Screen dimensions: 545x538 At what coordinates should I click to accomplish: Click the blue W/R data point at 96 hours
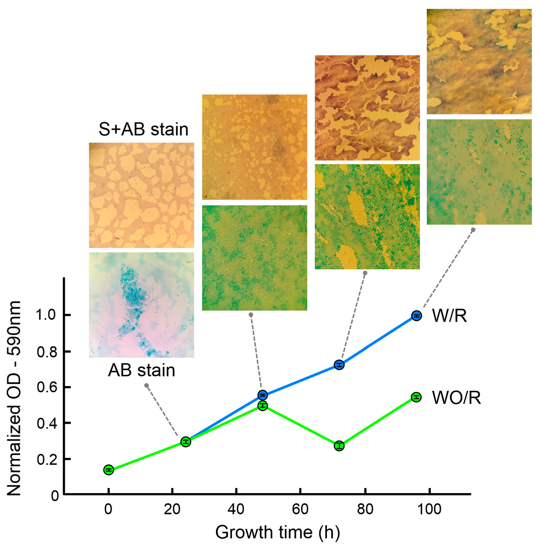tap(416, 316)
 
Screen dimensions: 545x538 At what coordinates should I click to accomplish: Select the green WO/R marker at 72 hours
tap(339, 446)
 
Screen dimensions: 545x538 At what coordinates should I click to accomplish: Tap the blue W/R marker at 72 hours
tap(339, 365)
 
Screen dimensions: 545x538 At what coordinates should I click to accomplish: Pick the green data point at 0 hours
tap(109, 470)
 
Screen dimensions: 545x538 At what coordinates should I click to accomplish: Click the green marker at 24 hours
tap(186, 442)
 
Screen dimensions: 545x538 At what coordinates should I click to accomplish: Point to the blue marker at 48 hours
tap(263, 395)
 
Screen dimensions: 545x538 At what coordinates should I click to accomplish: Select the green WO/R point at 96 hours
tap(416, 397)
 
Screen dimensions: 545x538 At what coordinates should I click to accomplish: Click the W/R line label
tap(449, 316)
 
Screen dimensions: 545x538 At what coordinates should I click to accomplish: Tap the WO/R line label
tap(456, 398)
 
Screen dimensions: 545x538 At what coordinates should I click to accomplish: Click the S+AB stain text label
tap(144, 129)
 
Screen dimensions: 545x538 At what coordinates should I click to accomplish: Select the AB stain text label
tap(141, 370)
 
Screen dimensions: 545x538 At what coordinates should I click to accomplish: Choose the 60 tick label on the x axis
tap(300, 509)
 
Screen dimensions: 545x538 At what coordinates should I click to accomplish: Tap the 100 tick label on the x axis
tap(429, 509)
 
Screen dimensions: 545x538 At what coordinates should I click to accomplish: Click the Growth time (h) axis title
tap(278, 532)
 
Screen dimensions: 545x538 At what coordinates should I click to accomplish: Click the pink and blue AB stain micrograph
tap(141, 305)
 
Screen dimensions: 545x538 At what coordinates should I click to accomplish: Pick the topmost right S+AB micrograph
tap(479, 62)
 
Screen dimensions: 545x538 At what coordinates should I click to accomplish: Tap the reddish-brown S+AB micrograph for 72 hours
tap(367, 108)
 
